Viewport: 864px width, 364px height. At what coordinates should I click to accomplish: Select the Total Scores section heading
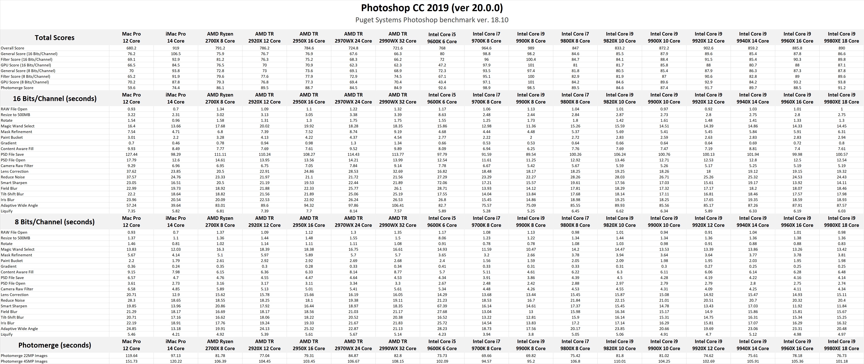click(x=55, y=38)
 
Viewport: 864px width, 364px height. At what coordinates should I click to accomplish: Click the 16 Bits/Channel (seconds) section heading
click(x=55, y=98)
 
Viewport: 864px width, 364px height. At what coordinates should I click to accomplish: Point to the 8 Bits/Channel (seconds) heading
click(x=55, y=222)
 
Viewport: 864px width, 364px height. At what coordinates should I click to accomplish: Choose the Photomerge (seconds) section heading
click(x=55, y=345)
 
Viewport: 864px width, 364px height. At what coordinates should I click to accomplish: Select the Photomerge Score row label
click(x=17, y=88)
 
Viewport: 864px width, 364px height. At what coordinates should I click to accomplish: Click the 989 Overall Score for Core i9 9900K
click(x=531, y=48)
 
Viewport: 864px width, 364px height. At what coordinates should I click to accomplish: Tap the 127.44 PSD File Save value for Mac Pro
click(x=131, y=155)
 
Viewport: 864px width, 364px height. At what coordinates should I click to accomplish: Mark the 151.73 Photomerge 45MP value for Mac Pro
click(x=131, y=361)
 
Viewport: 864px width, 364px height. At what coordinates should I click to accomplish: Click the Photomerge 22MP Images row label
click(x=24, y=356)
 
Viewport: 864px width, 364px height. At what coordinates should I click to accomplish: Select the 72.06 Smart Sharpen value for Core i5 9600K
click(x=442, y=183)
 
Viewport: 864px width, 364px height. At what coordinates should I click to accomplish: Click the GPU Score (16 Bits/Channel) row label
click(x=26, y=65)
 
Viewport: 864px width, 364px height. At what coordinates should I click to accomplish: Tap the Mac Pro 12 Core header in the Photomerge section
click(x=131, y=345)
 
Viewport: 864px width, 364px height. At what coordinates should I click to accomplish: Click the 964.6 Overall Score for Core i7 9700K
click(x=486, y=48)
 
